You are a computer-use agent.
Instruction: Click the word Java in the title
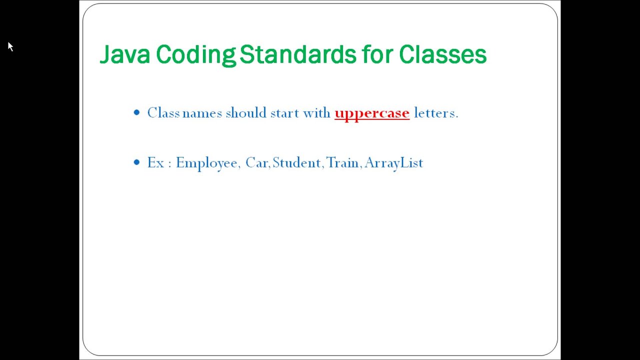pos(124,54)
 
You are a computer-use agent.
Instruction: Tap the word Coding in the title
pos(195,54)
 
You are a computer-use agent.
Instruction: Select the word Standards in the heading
pos(297,54)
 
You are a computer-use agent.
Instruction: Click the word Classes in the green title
pos(442,54)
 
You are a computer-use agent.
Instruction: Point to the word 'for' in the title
pos(377,54)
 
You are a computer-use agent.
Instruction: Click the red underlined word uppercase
pos(372,113)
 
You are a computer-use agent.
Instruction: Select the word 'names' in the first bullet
pos(202,113)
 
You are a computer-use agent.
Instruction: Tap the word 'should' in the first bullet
pos(246,113)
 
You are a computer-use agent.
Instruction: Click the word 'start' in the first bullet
pos(284,113)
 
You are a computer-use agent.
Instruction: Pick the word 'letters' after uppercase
pos(434,113)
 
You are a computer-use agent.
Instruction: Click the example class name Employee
pos(206,163)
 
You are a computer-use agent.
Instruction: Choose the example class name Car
pos(256,163)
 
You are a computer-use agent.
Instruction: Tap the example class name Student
pos(296,163)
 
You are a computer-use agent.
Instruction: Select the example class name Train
pos(342,163)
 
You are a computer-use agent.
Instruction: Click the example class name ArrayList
pos(394,163)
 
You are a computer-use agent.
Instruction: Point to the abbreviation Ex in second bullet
pos(155,163)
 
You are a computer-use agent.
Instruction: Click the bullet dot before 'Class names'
pos(137,113)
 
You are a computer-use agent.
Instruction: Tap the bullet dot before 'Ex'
pos(137,162)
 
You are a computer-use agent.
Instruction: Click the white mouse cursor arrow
pos(10,46)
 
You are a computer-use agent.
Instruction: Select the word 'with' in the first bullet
pos(316,113)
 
